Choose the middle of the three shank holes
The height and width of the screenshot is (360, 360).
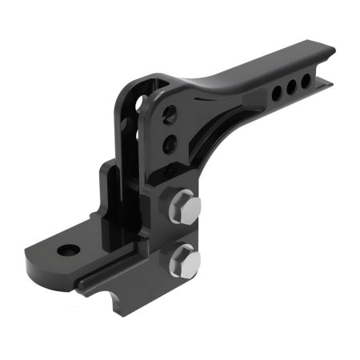292,86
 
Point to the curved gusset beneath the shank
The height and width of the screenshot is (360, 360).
216,136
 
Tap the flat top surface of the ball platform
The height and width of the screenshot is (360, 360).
88,240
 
